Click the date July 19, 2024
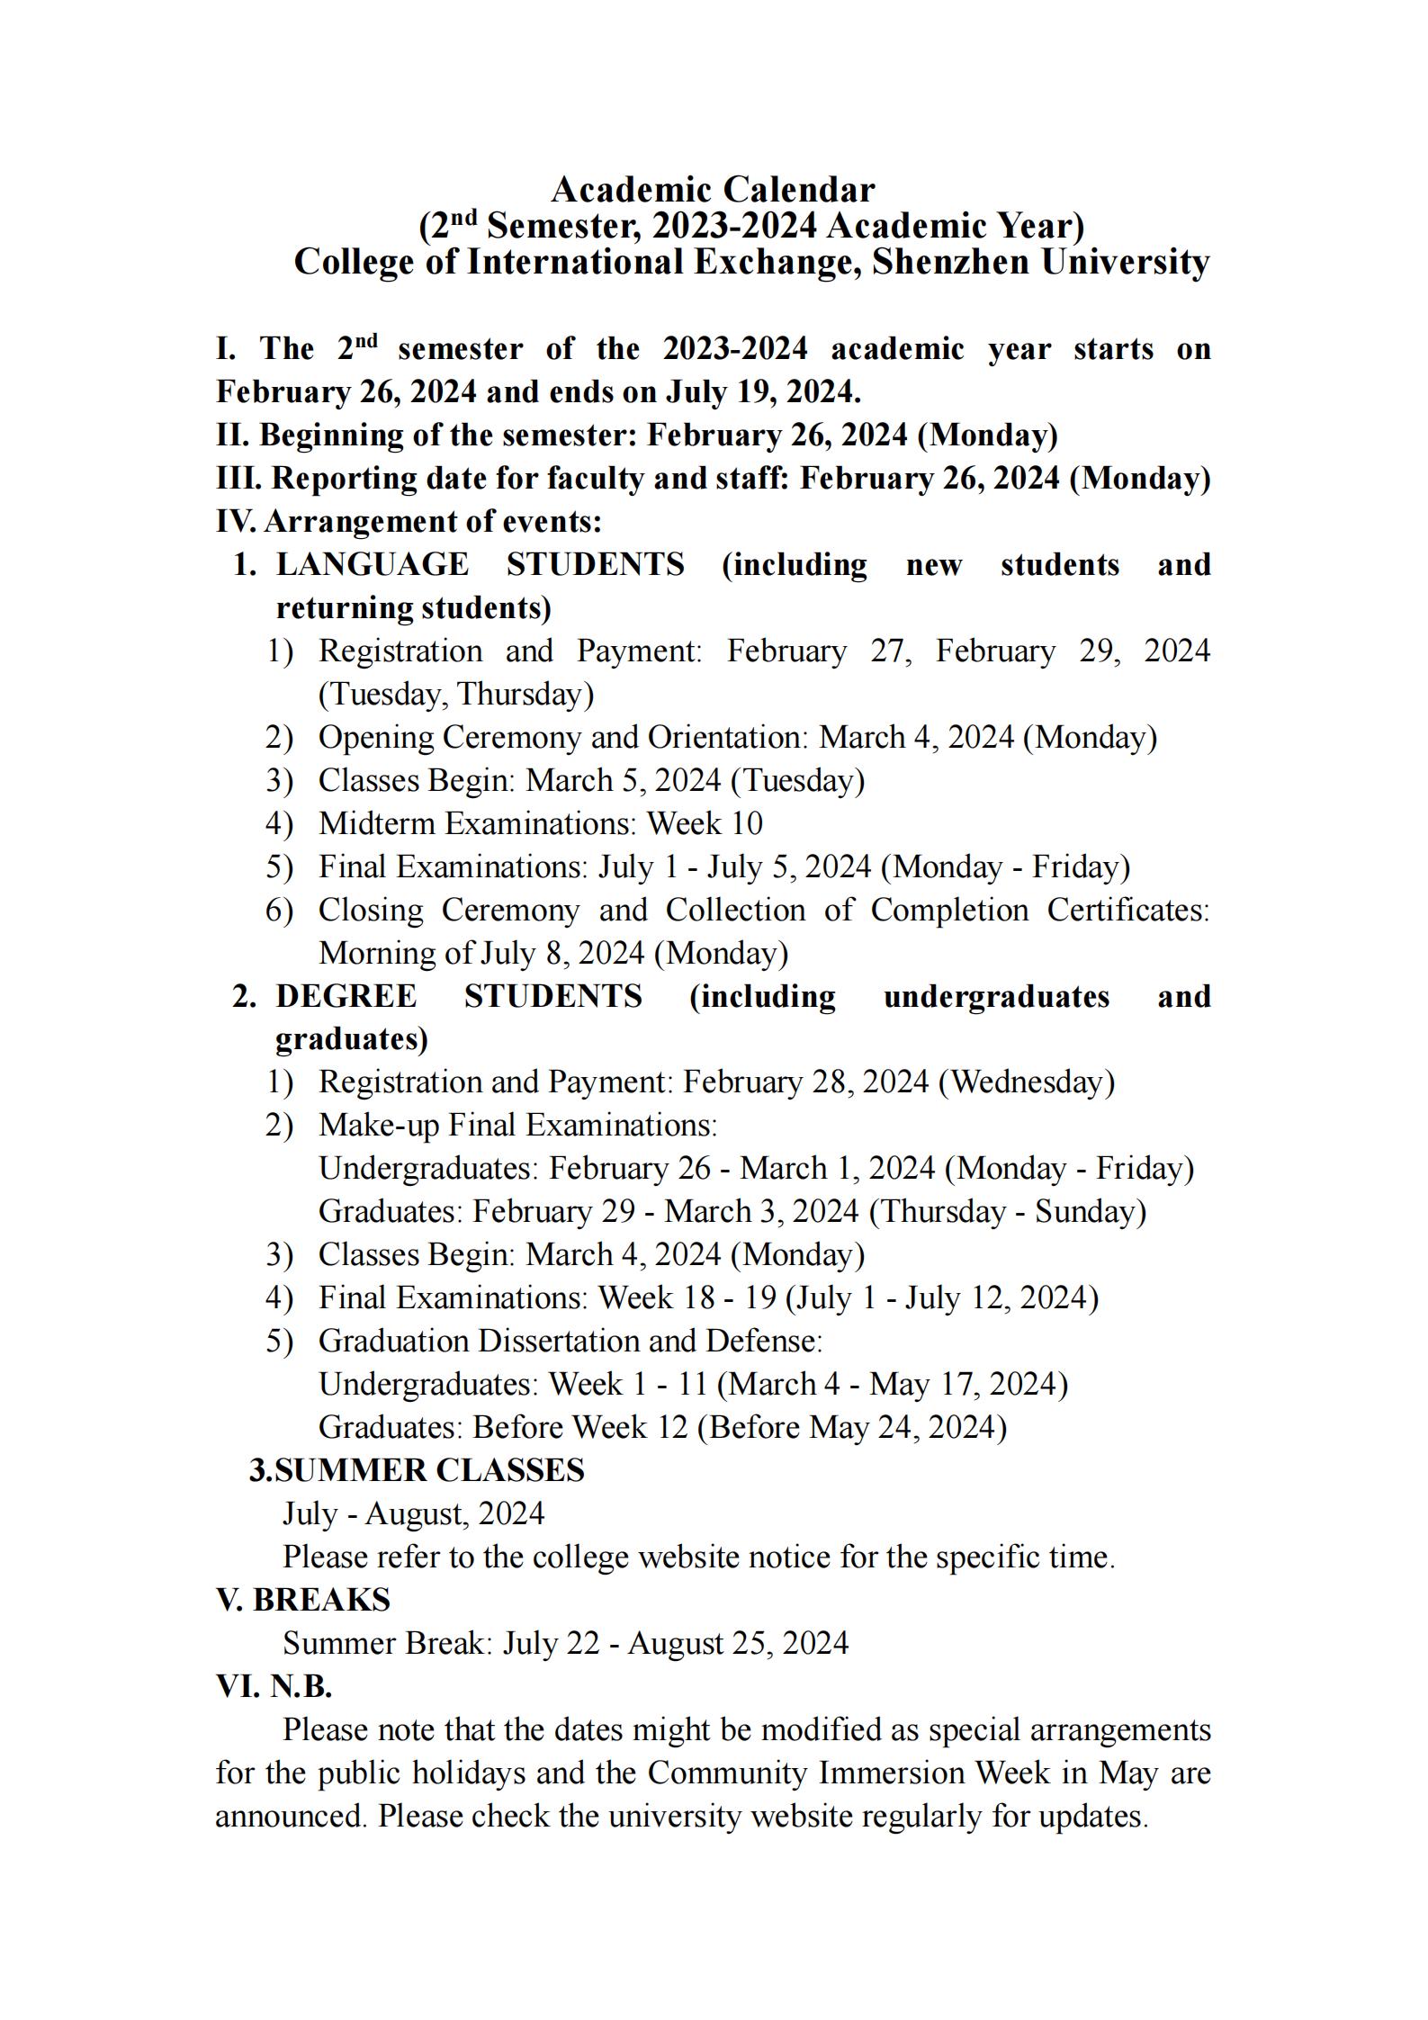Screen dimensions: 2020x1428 coord(762,392)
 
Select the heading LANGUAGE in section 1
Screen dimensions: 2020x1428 coord(372,565)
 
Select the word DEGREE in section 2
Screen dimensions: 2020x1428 coord(346,997)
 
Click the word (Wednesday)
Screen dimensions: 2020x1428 coord(1026,1082)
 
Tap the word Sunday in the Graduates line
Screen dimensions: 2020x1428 coord(1090,1212)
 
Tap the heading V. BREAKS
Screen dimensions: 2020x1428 coord(303,1601)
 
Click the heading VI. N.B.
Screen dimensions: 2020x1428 coord(274,1687)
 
